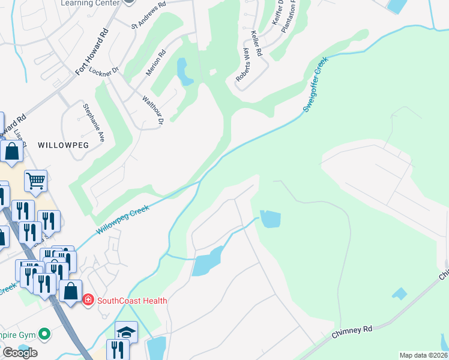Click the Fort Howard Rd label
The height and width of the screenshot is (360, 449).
(91, 52)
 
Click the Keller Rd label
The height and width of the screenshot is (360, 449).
(257, 44)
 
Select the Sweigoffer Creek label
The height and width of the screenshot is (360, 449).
(316, 85)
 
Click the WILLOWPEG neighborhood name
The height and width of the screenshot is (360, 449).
(63, 145)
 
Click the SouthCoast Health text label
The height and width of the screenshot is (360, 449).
(132, 301)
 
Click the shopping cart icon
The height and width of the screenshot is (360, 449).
(35, 179)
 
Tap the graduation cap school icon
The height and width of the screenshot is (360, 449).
(126, 331)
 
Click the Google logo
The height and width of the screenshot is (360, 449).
(20, 353)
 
